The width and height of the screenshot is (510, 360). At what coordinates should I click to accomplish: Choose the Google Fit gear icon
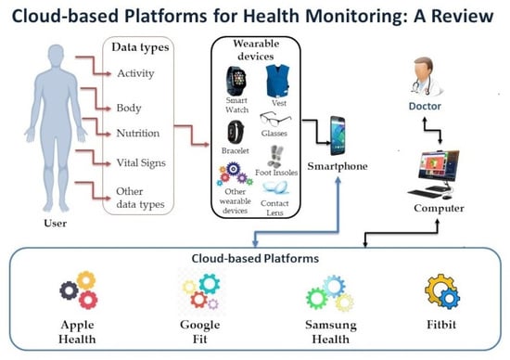pos(198,289)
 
